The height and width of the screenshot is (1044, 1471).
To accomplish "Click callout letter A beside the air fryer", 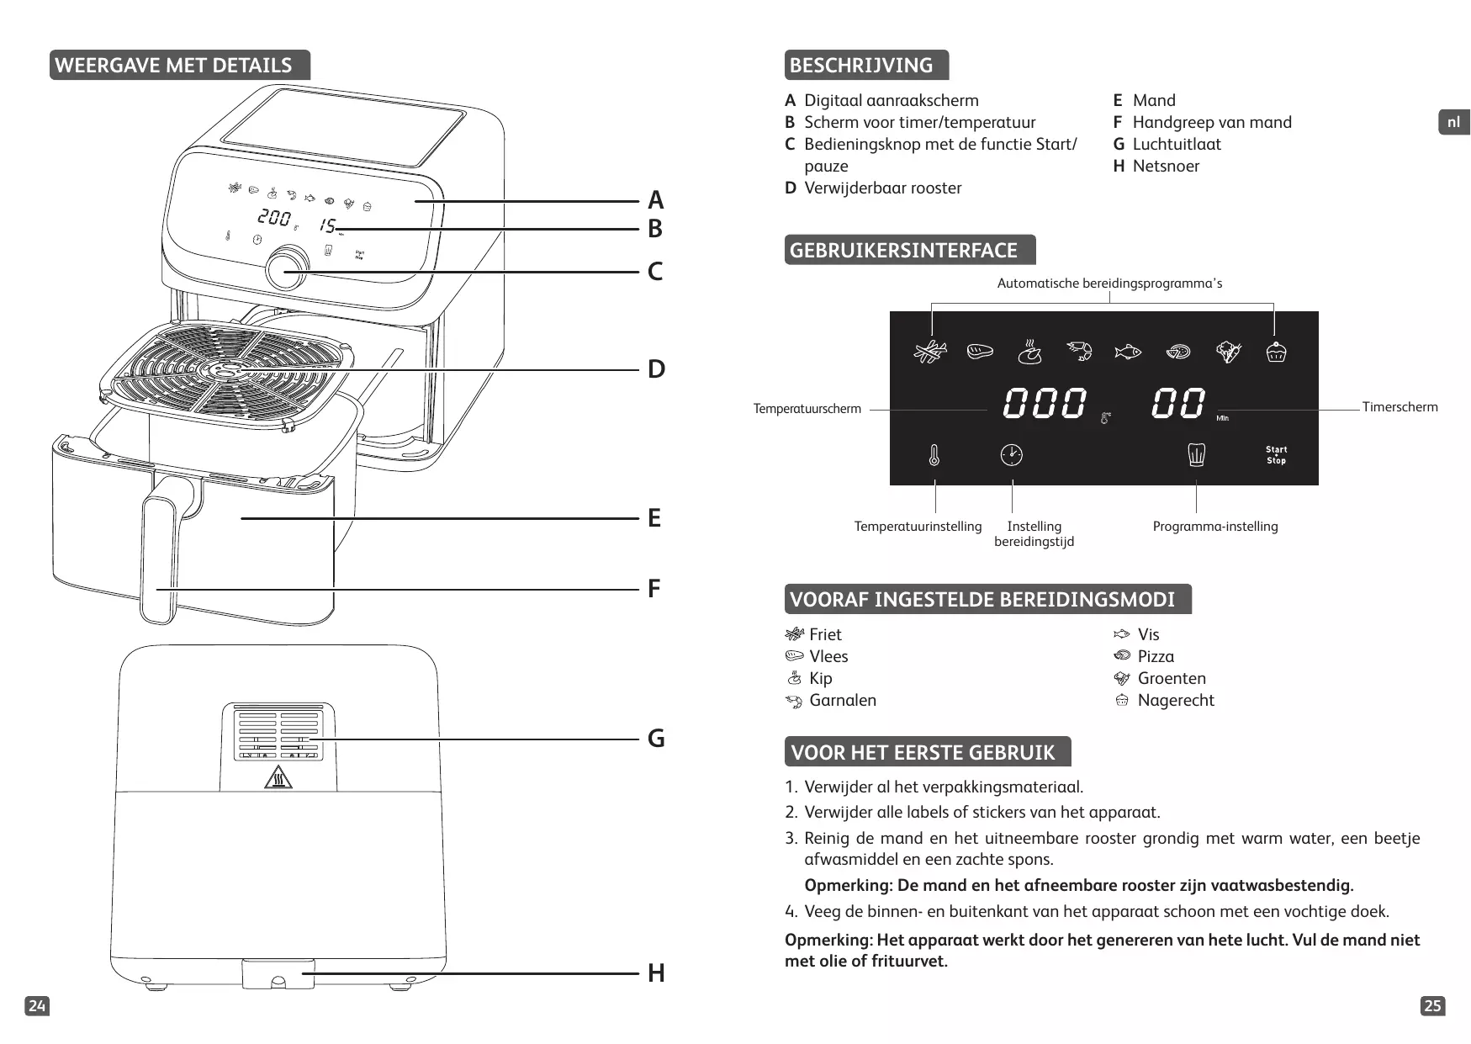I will click(655, 200).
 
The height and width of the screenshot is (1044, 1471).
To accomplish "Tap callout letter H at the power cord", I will click(656, 973).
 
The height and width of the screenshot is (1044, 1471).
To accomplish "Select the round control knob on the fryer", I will click(287, 268).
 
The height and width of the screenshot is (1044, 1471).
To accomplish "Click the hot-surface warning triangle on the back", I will click(278, 778).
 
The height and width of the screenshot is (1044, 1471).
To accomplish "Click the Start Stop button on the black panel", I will click(1276, 455).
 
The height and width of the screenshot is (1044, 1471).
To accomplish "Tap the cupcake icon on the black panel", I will click(1276, 352).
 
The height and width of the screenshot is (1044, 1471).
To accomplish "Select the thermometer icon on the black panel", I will click(934, 455).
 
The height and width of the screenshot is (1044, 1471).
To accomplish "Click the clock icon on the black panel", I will click(1011, 455).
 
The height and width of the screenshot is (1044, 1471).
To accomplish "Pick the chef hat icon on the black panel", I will click(1196, 455).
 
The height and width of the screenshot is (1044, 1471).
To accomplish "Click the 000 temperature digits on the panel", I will click(1044, 404).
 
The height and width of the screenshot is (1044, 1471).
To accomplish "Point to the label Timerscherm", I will click(1400, 407).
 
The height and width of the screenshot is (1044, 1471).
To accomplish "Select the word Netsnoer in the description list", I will click(1166, 166).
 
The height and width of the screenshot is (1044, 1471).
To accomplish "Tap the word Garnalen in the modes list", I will click(842, 700).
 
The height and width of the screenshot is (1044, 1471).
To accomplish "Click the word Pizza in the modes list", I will click(1156, 656).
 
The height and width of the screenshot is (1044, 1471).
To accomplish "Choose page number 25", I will click(1432, 1005).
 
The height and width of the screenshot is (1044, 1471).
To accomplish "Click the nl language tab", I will click(1453, 122).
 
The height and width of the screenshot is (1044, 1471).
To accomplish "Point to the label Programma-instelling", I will click(1214, 527).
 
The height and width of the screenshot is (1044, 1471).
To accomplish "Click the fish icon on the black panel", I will click(1127, 352).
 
